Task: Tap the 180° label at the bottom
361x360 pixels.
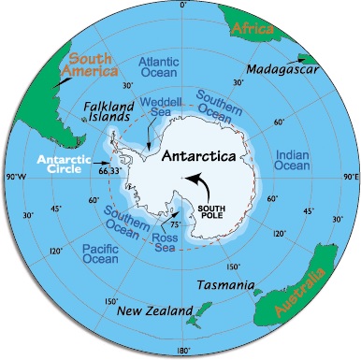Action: point(181,353)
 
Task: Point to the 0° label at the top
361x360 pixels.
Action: point(181,7)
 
